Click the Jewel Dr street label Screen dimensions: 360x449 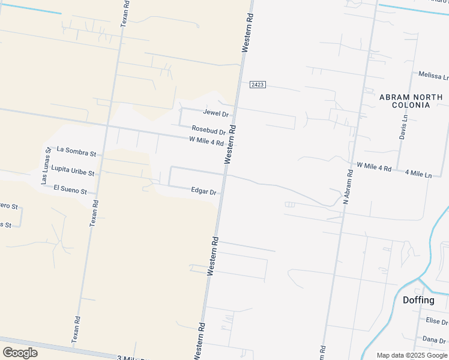pos(216,113)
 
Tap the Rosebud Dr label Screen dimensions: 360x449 pos(208,130)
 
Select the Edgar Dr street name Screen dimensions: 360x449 pos(203,191)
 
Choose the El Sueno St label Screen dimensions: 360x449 pos(70,190)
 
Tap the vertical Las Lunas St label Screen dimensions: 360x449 pos(46,166)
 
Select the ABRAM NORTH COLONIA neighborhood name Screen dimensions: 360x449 pos(411,101)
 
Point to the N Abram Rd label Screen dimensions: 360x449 pos(346,187)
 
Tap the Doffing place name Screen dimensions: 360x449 pos(418,300)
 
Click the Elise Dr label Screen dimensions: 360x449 pos(436,322)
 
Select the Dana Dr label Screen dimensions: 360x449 pos(435,340)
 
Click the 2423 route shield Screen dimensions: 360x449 pos(258,85)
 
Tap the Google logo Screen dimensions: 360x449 pos(20,352)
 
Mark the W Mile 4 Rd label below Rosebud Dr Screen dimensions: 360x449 pos(206,141)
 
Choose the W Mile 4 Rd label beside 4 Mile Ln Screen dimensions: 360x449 pos(374,166)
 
